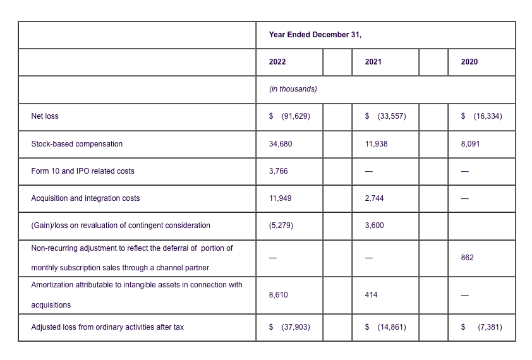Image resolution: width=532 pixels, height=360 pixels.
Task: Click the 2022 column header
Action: pos(277,62)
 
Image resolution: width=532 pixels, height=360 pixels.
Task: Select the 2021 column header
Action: pos(373,62)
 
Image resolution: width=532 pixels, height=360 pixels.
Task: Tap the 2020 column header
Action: pos(469,62)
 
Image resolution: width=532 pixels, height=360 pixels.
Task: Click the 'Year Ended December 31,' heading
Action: pos(315,35)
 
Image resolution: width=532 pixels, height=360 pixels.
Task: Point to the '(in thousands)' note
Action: pos(293,89)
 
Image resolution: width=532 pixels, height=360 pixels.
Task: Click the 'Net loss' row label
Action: pos(45,116)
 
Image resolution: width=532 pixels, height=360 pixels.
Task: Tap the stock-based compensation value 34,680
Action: pos(281,144)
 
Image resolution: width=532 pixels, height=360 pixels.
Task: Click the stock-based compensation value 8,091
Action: pos(470,144)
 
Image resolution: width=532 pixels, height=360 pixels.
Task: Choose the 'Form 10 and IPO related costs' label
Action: pos(83,171)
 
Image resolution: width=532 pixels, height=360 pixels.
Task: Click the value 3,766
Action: pos(278,171)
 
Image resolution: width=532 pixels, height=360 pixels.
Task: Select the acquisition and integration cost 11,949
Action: pos(281,198)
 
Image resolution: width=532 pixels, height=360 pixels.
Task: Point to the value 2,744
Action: pos(374,198)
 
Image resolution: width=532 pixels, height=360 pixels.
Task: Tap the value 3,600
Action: pos(374,225)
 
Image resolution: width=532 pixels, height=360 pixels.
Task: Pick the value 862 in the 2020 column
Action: pos(467,258)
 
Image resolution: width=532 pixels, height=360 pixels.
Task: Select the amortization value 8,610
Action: pos(278,295)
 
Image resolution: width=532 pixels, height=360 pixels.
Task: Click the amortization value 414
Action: pos(371,295)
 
